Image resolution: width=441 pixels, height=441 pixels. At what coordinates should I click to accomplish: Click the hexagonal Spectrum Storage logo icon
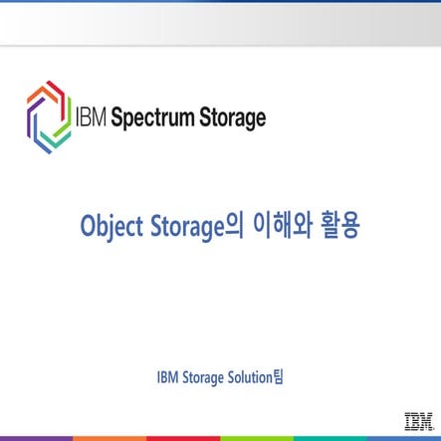point(48,117)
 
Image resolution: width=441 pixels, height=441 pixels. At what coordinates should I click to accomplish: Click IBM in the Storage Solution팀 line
point(168,377)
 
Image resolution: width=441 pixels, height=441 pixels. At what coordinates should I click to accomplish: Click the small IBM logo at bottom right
point(417,419)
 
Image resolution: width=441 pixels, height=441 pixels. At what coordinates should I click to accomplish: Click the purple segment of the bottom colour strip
point(37,438)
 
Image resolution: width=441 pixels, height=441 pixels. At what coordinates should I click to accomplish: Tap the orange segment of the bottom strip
point(110,438)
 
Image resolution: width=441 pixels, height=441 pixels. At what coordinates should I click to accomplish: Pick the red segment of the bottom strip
point(183,438)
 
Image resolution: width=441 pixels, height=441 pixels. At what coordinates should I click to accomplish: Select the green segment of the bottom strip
point(257,438)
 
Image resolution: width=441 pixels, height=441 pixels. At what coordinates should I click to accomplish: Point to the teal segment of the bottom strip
point(331,438)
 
